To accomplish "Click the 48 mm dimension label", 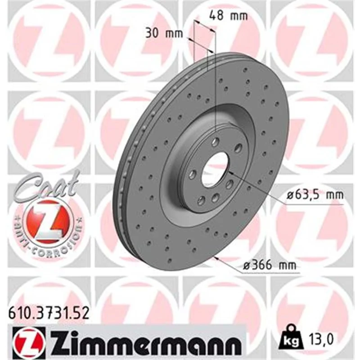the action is pos(229,16).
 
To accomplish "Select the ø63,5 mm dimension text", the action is pos(315,195).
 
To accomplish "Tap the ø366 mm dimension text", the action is pos(270,265).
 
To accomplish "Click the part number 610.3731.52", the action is pos(49,314).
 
